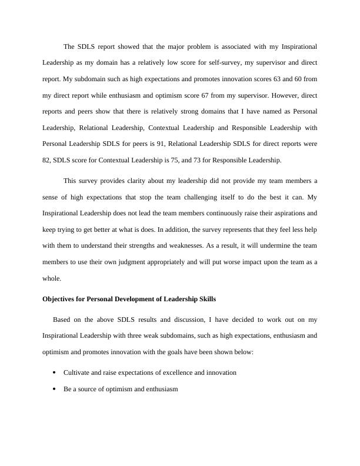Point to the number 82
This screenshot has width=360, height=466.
click(x=46, y=160)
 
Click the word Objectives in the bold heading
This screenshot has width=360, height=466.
click(x=58, y=299)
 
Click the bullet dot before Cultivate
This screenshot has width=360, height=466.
click(x=55, y=372)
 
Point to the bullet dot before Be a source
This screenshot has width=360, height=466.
click(x=55, y=390)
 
